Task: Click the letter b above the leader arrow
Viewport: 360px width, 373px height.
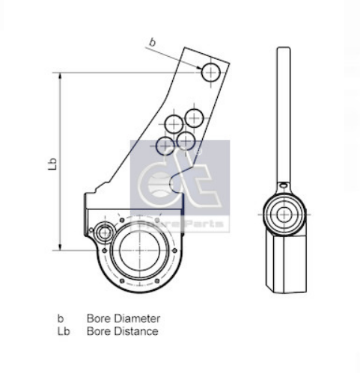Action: tap(153, 43)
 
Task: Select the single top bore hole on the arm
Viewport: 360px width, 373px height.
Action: tap(210, 72)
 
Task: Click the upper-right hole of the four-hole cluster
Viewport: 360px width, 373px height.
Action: tap(195, 117)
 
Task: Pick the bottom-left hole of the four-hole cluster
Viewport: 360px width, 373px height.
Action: tap(165, 145)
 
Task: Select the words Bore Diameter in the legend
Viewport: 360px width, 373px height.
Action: tap(123, 318)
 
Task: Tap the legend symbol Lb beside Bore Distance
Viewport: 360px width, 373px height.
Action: tap(63, 330)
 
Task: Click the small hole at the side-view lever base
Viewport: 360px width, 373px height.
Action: tap(283, 182)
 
